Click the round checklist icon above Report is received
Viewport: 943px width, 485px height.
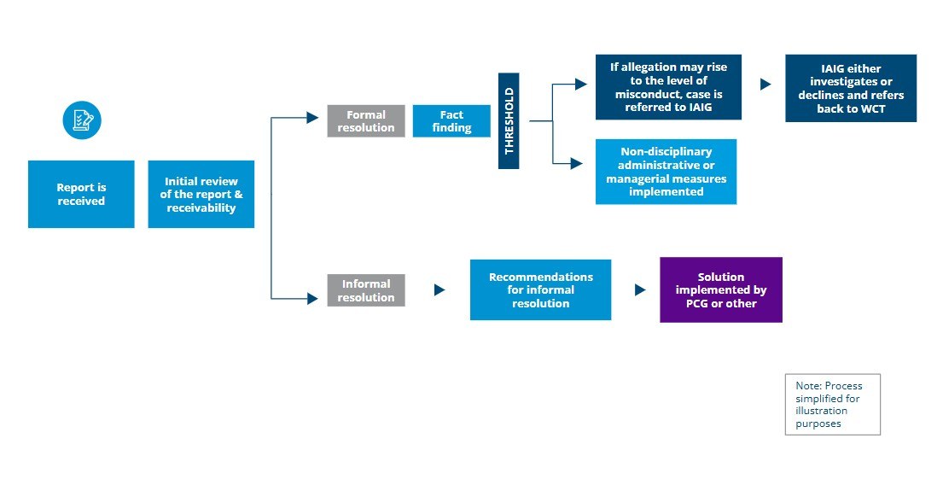point(82,120)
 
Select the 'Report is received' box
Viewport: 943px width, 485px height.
point(81,194)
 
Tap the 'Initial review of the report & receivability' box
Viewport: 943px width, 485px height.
point(201,194)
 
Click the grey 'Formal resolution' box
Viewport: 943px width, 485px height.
point(366,121)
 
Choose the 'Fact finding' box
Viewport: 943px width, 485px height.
point(451,121)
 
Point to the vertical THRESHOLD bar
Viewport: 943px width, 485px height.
point(509,120)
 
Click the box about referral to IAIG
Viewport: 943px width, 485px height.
point(668,87)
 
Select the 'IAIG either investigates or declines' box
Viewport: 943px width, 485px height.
point(850,88)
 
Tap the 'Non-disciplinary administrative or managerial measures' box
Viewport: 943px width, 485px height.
point(666,172)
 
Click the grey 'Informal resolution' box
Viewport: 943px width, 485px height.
point(366,290)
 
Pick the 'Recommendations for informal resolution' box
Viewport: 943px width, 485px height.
point(540,289)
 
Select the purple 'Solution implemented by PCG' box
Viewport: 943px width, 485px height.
point(720,289)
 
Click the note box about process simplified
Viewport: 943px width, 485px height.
point(832,404)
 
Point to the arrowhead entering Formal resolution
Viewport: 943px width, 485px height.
point(312,118)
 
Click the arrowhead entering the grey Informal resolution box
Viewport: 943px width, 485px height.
point(312,298)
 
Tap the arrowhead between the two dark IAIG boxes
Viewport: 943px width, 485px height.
point(765,85)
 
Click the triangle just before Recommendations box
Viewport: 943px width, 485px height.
point(439,290)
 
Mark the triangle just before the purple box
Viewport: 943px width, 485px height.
point(640,290)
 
